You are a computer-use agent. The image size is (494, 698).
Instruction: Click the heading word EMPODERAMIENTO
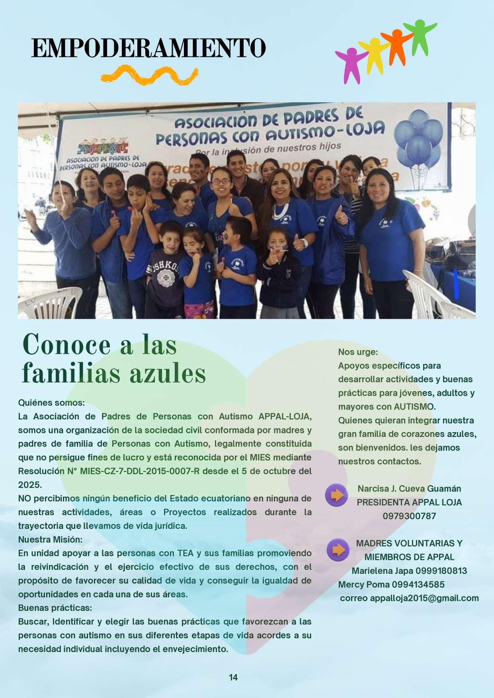[148, 49]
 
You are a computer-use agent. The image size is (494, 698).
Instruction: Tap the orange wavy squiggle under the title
[149, 76]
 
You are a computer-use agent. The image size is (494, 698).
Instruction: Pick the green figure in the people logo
[420, 36]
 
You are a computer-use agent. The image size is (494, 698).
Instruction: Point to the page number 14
[233, 677]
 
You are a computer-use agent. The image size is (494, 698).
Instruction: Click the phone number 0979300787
[409, 516]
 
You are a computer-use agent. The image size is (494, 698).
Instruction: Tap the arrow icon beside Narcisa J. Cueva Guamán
[337, 495]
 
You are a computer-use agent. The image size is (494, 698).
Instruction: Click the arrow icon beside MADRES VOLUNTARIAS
[338, 550]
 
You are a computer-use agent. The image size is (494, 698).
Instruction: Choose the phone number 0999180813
[441, 571]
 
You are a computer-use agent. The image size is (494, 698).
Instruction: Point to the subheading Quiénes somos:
[51, 403]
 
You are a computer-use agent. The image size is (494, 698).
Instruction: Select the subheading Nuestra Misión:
[50, 540]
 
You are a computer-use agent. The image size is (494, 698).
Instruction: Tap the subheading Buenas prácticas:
[55, 608]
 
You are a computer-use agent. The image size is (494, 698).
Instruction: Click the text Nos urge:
[358, 352]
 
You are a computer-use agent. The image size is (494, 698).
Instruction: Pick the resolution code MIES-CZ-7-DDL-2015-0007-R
[139, 471]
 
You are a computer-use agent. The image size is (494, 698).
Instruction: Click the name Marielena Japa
[382, 571]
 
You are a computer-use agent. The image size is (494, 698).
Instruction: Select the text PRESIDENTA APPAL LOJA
[409, 502]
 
